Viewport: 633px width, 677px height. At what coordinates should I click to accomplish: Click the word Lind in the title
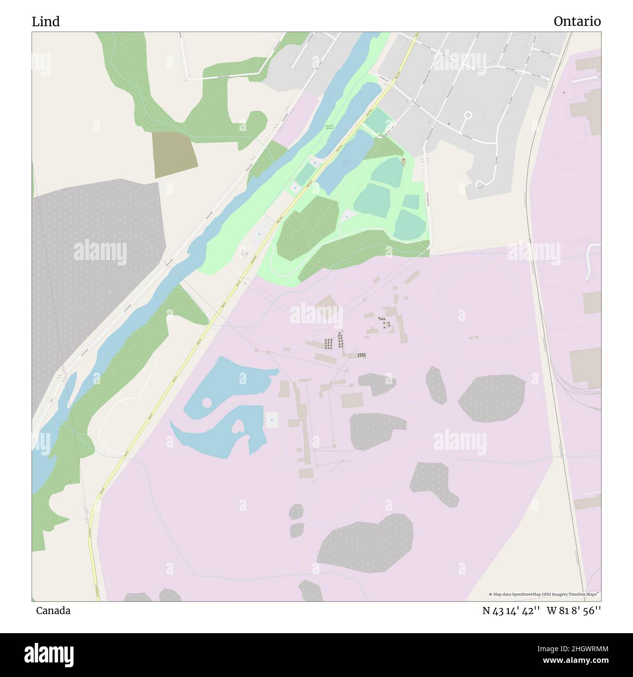click(x=46, y=21)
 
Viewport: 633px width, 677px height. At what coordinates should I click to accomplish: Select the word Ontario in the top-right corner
click(x=577, y=21)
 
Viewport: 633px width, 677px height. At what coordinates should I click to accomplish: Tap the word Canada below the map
click(x=53, y=611)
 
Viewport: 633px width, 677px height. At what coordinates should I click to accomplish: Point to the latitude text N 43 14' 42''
click(x=511, y=611)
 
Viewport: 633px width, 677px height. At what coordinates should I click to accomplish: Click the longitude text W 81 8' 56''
click(x=574, y=611)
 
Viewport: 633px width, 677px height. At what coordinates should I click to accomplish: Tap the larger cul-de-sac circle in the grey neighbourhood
click(x=468, y=115)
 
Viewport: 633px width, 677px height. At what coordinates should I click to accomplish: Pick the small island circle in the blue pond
click(x=206, y=402)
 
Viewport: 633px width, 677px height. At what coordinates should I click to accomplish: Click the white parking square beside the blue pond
click(x=272, y=420)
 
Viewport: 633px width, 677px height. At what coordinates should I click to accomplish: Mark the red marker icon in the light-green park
click(x=403, y=160)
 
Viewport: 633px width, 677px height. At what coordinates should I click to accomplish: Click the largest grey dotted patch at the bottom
click(x=366, y=542)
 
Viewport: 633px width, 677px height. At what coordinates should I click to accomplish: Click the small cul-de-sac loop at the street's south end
click(x=480, y=184)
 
